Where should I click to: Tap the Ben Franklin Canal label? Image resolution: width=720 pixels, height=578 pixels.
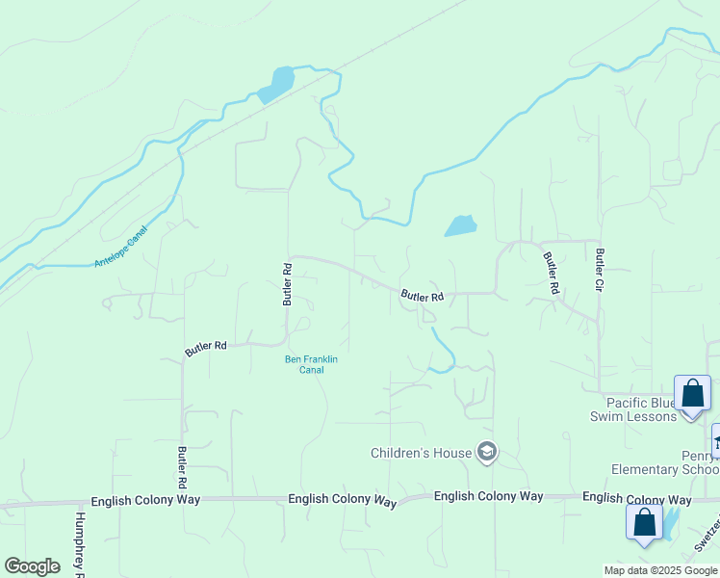coord(311,364)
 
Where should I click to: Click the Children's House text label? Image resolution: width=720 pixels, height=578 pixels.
coord(422,453)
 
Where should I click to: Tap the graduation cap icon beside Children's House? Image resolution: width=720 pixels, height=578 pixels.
coord(487,453)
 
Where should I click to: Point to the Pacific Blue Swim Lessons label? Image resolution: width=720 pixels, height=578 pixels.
coord(633,409)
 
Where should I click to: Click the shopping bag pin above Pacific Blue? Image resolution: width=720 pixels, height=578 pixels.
coord(692,394)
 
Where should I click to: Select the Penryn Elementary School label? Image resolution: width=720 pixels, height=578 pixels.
coord(665,462)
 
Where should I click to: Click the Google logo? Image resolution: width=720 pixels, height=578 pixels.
coord(32,566)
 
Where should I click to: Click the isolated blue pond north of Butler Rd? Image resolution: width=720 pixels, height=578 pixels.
coord(460,226)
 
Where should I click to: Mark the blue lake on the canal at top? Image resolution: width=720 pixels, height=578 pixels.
coord(278,83)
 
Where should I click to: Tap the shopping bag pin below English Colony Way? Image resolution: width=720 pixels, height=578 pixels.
coord(644,523)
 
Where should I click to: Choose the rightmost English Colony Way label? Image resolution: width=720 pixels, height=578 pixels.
coord(636,499)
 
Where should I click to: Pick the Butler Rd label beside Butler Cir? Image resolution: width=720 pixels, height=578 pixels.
coord(551,273)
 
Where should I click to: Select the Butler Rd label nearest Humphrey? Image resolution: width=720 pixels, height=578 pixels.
coord(181,467)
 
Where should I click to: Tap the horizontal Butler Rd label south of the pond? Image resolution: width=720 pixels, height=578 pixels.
coord(422,297)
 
